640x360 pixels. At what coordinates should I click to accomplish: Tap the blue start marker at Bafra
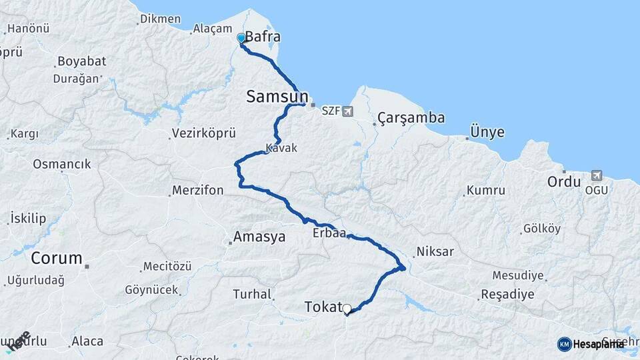point(241,39)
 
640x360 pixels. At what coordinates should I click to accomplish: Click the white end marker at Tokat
point(347,309)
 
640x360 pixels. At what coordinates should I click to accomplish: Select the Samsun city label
point(277,97)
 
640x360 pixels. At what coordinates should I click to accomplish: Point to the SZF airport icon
point(348,111)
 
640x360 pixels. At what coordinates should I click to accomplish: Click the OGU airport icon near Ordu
point(596,176)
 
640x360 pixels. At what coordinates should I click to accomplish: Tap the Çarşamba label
point(411,118)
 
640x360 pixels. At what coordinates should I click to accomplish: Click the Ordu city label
point(564,181)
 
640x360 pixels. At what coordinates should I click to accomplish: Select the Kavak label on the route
point(281,148)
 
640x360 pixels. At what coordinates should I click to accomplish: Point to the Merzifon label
point(197,191)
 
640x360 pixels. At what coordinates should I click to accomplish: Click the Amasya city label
point(259,237)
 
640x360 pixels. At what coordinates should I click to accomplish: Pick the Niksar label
point(435,252)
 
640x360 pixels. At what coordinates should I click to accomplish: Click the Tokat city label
point(323,307)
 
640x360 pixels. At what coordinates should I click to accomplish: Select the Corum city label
point(57,258)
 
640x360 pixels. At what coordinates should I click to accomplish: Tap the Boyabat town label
point(81,61)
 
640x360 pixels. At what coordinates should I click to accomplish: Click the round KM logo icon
point(564,344)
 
